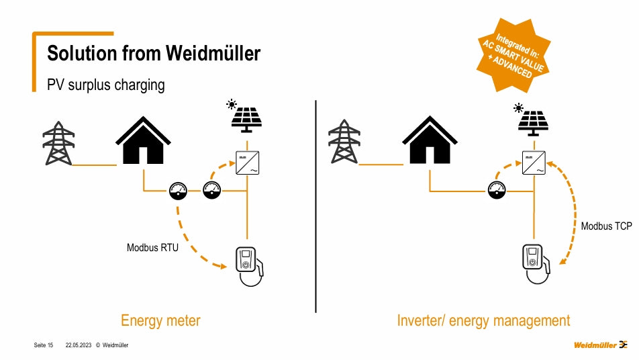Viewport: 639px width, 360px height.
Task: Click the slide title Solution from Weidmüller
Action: [154, 53]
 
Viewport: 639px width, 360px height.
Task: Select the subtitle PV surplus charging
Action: [105, 85]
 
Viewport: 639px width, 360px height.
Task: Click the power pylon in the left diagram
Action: [58, 143]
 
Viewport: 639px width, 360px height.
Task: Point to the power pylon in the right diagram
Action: [344, 143]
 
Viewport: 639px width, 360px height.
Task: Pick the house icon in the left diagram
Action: [143, 141]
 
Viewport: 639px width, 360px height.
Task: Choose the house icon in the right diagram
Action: [430, 141]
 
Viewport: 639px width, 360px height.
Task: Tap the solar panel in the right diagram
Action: [532, 120]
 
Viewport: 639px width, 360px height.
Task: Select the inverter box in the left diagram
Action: [248, 165]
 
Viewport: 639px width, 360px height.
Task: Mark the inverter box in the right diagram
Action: [534, 164]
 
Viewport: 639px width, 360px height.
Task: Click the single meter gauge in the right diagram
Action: [497, 191]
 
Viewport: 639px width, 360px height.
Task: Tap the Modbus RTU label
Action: [152, 248]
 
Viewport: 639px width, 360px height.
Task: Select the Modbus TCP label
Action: [606, 226]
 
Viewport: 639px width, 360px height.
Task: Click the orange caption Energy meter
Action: [160, 321]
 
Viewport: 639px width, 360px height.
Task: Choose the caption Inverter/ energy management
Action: [483, 321]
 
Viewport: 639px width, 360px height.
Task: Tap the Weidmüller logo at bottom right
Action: [600, 345]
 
